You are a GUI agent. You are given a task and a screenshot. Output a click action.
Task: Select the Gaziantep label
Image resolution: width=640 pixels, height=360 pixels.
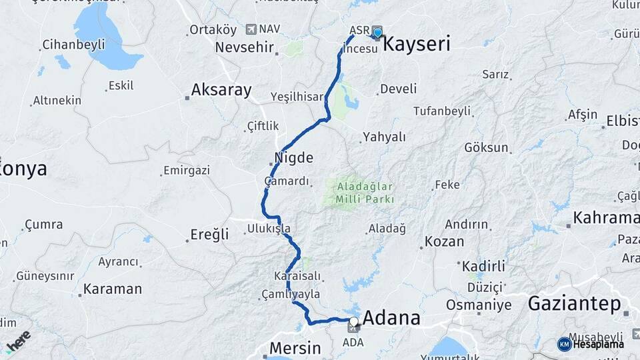[574, 304]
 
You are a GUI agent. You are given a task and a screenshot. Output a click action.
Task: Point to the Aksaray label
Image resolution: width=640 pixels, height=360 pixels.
[221, 89]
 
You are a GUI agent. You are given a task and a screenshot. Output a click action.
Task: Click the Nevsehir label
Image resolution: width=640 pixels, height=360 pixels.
[245, 48]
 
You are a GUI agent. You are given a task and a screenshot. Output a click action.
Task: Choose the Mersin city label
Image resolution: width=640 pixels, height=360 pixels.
[295, 348]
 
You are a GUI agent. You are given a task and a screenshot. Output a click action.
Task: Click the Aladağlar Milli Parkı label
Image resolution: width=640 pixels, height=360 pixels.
[366, 193]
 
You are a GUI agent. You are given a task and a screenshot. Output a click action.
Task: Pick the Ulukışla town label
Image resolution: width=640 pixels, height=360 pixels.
[269, 228]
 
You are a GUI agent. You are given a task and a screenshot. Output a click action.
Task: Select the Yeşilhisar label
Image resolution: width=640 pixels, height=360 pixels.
[297, 97]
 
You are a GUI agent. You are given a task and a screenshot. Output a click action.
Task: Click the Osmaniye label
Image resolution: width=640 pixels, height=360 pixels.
[478, 305]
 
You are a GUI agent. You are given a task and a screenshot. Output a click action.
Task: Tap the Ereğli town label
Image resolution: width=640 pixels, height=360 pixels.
[209, 234]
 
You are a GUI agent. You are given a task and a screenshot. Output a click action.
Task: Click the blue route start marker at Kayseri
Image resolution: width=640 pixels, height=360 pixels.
[378, 31]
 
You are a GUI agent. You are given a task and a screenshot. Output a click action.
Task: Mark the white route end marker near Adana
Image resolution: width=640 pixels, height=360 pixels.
[353, 321]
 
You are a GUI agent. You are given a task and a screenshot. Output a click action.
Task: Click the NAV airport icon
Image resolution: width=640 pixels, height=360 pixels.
[251, 29]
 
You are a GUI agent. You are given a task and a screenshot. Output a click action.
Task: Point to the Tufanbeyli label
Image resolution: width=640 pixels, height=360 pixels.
[444, 111]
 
